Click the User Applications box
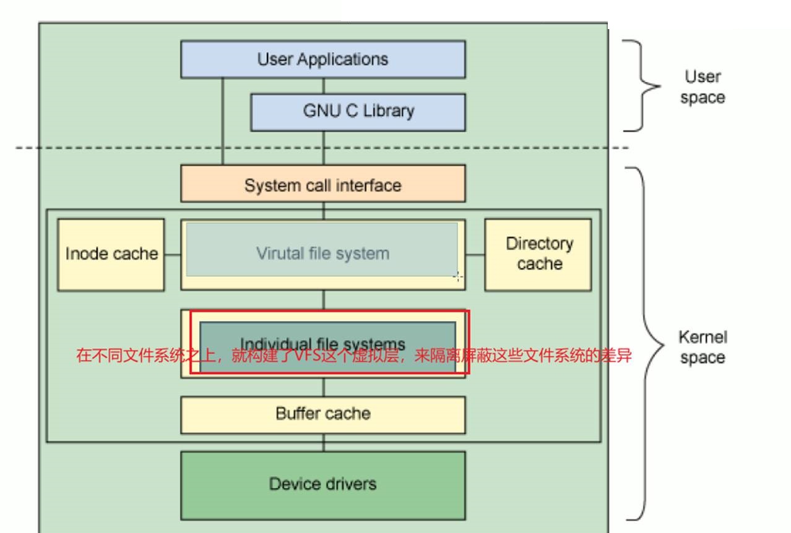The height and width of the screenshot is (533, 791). coord(322,59)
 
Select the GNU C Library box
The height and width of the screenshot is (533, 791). coord(358,112)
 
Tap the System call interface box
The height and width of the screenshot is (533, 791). coord(322,184)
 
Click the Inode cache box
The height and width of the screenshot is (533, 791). coord(111,254)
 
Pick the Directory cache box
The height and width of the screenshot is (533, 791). coord(538,254)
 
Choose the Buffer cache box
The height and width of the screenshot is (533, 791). coord(322,414)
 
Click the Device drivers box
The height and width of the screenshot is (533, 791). coord(322,485)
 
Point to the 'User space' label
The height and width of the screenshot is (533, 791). coord(702,87)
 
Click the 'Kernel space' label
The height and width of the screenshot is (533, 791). coord(702,347)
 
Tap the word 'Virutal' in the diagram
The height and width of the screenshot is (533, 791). coord(280,254)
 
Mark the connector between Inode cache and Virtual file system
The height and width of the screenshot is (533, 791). coord(172,254)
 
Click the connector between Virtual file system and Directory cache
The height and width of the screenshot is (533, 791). coord(475,254)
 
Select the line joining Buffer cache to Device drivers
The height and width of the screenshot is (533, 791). coord(322,443)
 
